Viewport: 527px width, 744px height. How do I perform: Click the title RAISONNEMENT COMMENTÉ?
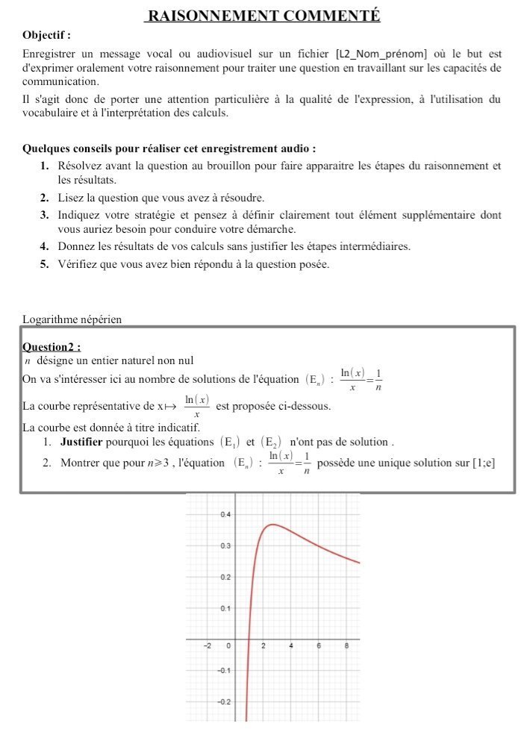pyautogui.click(x=263, y=16)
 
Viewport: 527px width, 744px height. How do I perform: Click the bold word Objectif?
pyautogui.click(x=46, y=35)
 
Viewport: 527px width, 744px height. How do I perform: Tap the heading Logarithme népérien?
pyautogui.click(x=72, y=319)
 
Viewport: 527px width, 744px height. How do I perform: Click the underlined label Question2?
pyautogui.click(x=52, y=346)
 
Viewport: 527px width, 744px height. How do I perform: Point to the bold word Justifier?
pyautogui.click(x=85, y=442)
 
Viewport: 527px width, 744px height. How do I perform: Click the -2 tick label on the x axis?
pyautogui.click(x=208, y=645)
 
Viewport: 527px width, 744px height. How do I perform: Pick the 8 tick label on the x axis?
pyautogui.click(x=347, y=645)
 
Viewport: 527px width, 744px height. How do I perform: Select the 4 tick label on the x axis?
pyautogui.click(x=291, y=645)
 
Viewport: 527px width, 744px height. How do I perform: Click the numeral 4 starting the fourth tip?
pyautogui.click(x=44, y=246)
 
